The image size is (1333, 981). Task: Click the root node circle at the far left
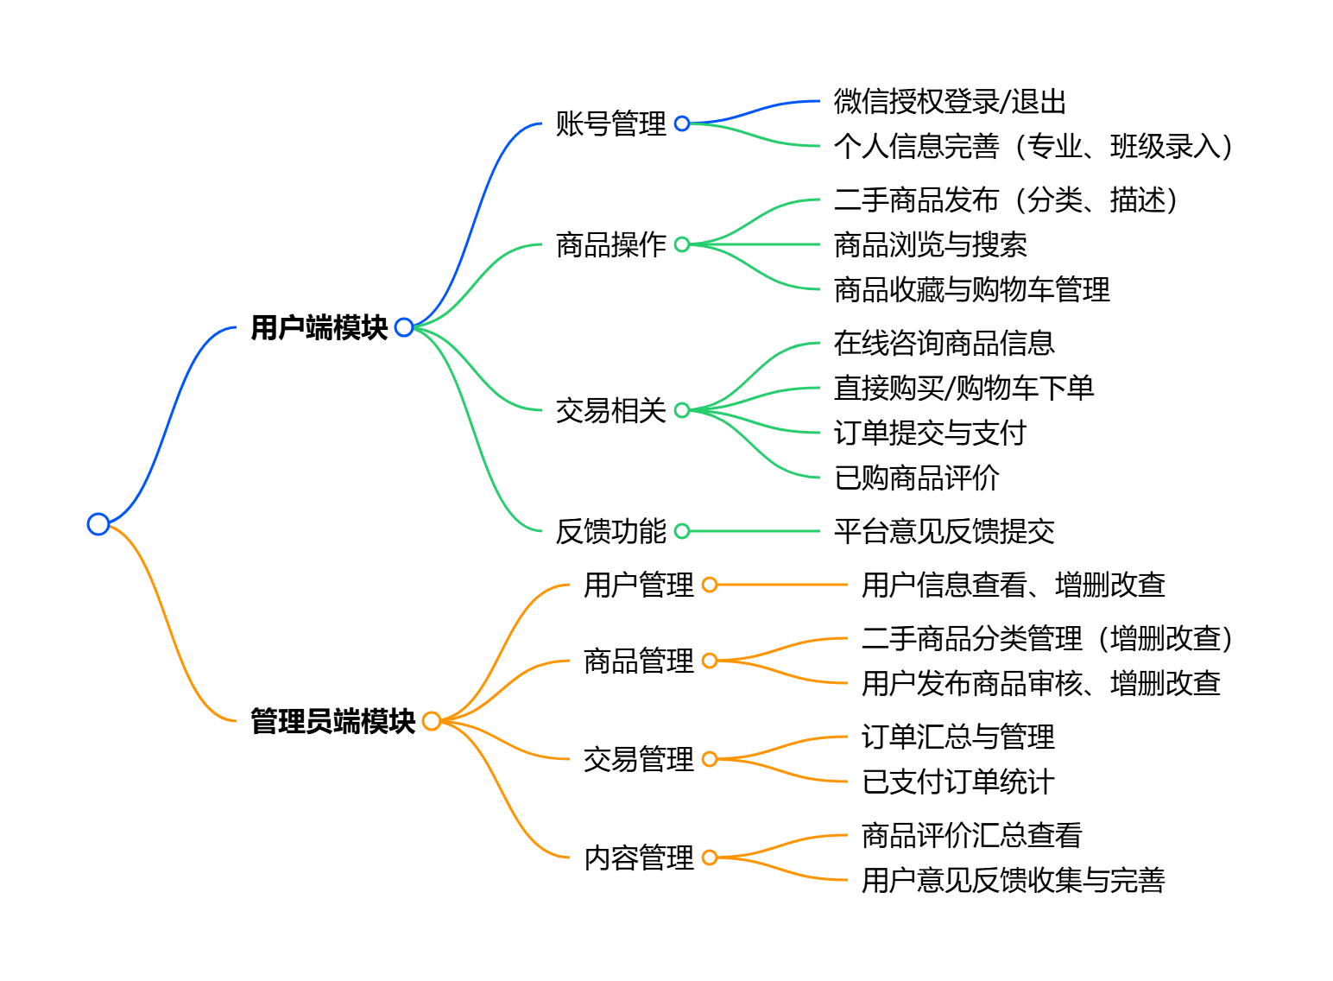coord(98,524)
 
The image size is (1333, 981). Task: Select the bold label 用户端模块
coord(319,328)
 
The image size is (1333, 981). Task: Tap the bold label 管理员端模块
coord(333,721)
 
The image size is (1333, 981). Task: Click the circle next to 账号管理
coord(682,123)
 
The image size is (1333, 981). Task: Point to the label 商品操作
coord(610,244)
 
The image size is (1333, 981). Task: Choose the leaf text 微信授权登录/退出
coord(950,102)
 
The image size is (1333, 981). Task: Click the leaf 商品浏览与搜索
coord(930,244)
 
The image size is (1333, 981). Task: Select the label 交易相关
coord(610,410)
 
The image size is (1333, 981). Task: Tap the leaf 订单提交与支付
coord(930,433)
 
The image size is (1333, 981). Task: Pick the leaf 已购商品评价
coord(916,478)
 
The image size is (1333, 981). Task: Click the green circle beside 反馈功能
coord(682,531)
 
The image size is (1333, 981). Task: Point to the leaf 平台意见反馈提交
coord(944,531)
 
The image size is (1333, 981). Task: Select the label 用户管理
coord(638,585)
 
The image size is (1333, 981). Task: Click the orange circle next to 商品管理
coord(710,661)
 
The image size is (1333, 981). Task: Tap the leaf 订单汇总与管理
coord(957,737)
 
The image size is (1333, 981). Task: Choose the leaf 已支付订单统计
coord(957,782)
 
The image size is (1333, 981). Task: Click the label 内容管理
coord(638,858)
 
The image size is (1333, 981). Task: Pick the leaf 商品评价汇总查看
coord(971,835)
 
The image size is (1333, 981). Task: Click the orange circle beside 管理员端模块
coord(432,721)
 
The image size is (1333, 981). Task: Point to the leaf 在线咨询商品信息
coord(944,343)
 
